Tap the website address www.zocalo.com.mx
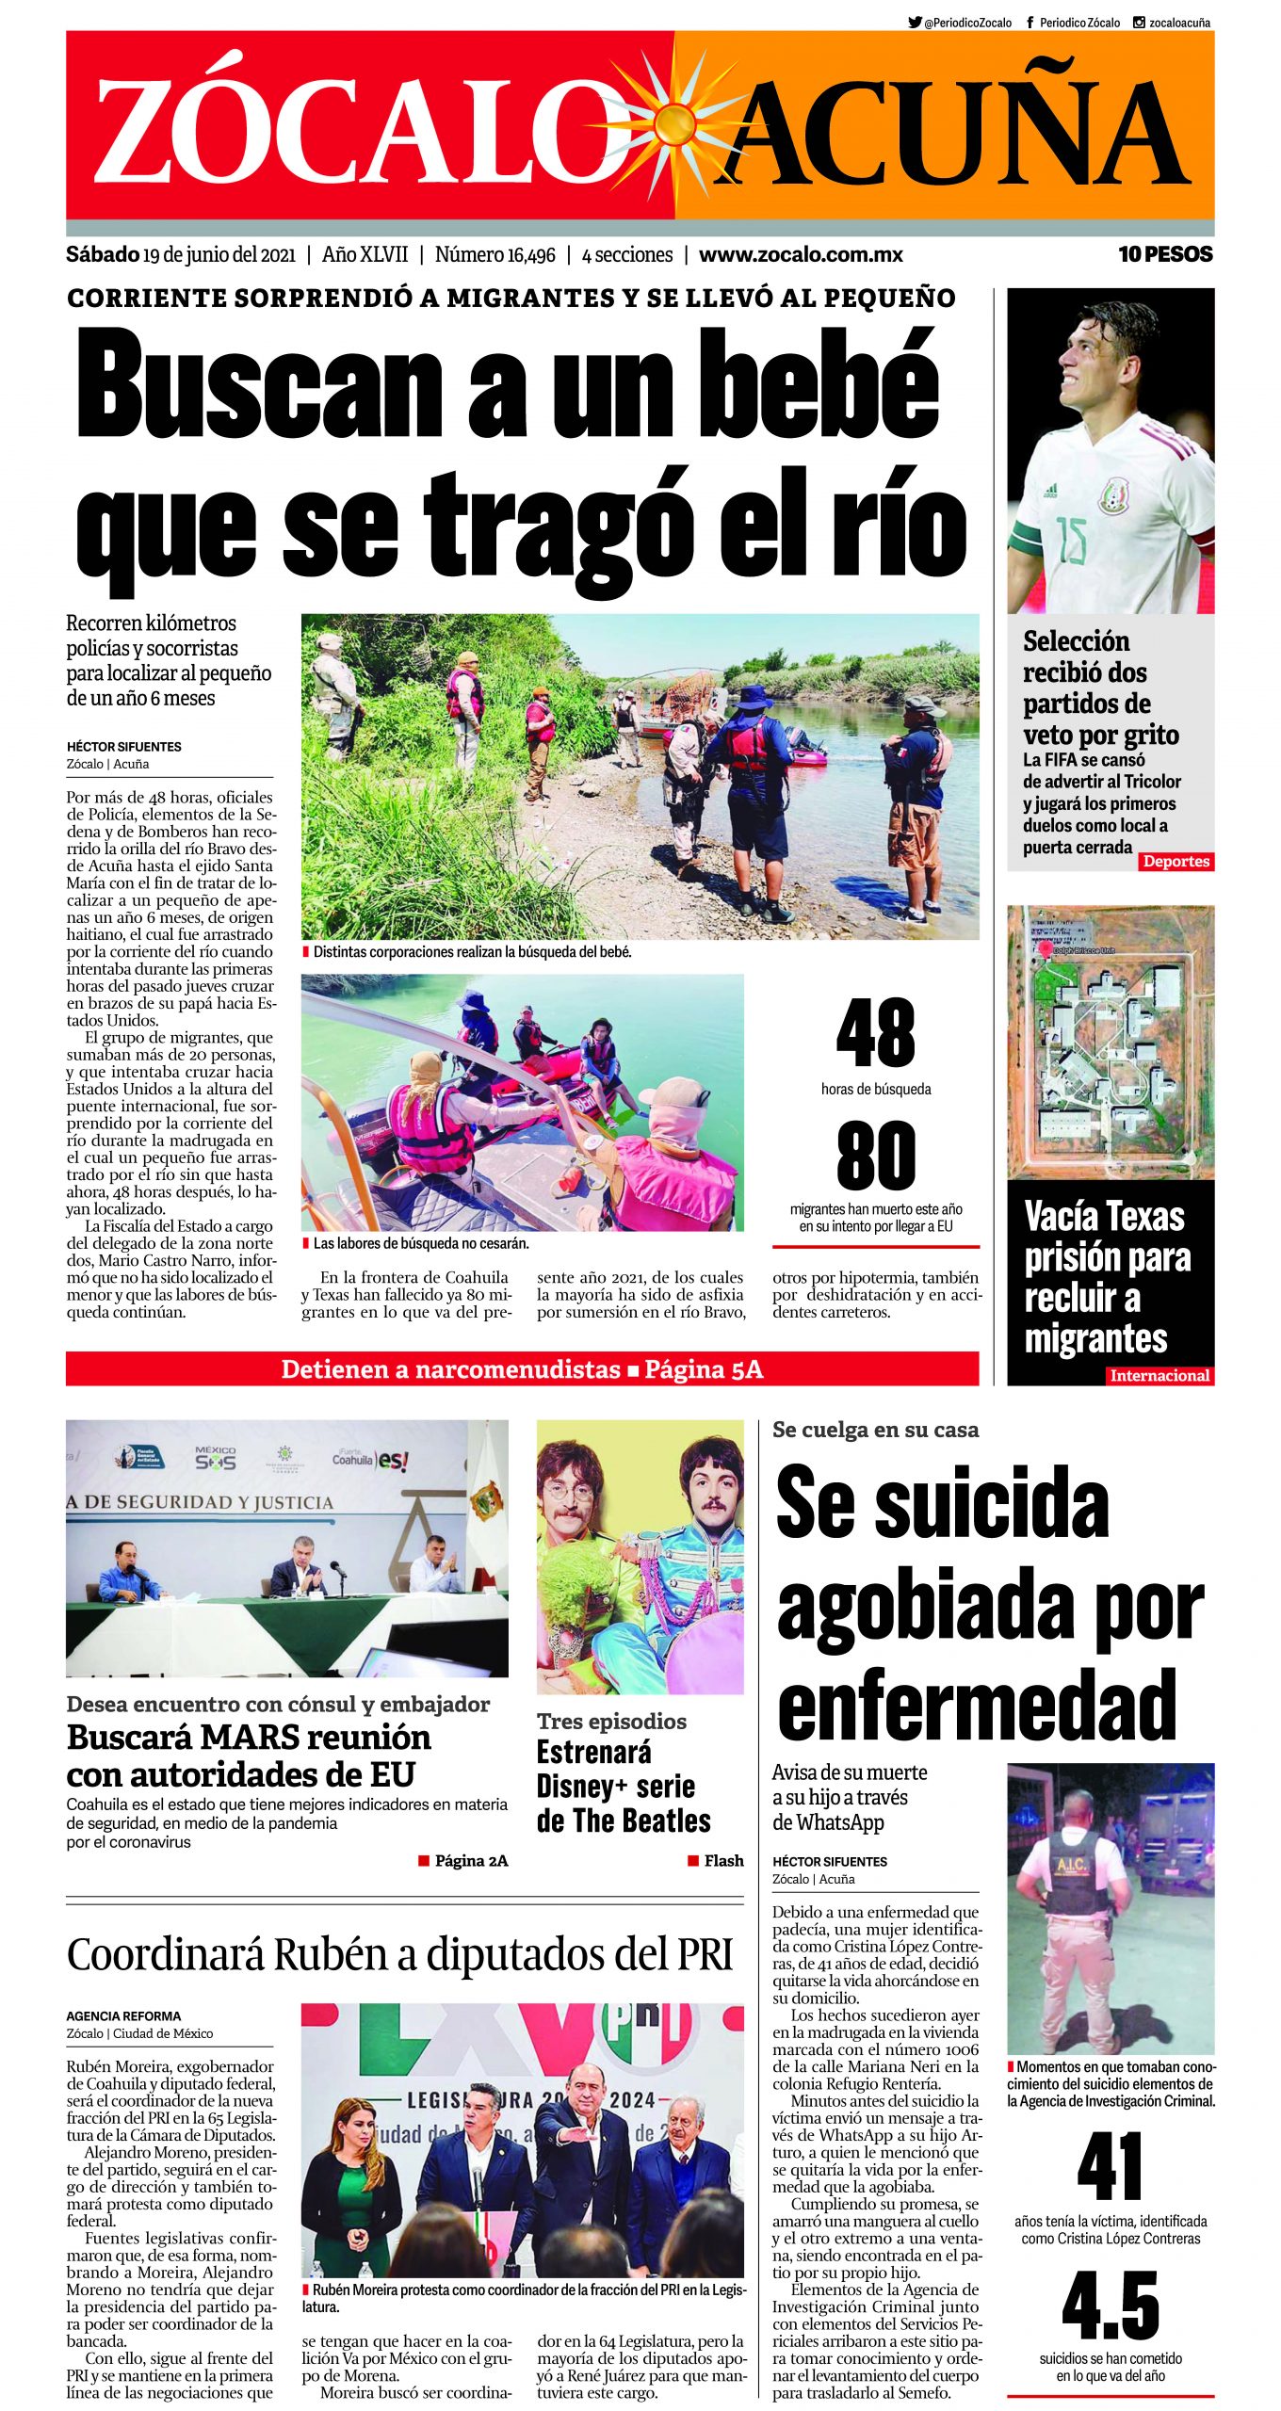pos(801,254)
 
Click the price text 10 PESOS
pos(1165,254)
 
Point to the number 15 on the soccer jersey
pos(1070,541)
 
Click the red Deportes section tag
pos(1176,861)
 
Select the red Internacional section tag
pos(1159,1375)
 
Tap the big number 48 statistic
pos(875,1033)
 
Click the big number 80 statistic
pos(875,1156)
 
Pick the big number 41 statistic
pos(1111,2167)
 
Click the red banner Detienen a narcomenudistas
pos(522,1368)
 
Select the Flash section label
pos(723,1860)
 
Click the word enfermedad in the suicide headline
pos(977,1705)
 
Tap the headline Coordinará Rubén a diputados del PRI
pos(399,1954)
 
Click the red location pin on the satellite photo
pos(1045,947)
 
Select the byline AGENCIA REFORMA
pos(123,2016)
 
